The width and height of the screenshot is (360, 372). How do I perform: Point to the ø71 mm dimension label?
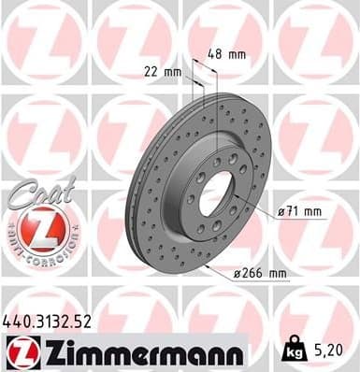(x=299, y=211)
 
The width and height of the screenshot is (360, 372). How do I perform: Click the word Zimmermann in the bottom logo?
(x=140, y=353)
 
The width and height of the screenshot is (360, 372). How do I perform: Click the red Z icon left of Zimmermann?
(x=22, y=353)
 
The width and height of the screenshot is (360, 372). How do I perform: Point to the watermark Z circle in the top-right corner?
(x=317, y=42)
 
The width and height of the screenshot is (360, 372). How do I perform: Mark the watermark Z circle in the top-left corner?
(x=42, y=42)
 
